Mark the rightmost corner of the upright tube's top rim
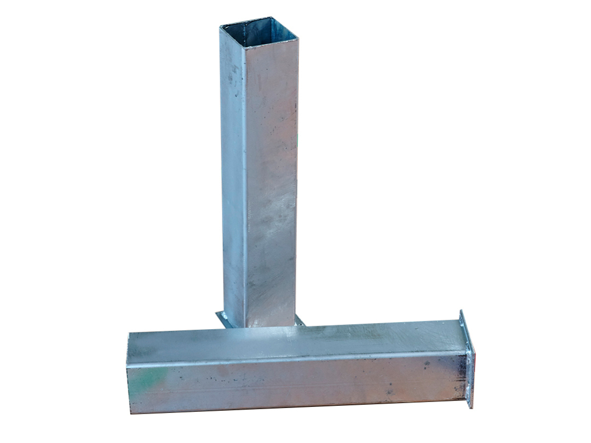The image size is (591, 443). coord(298,39)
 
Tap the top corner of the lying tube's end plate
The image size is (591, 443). coord(461,310)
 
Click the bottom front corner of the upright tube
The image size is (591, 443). coord(245,327)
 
